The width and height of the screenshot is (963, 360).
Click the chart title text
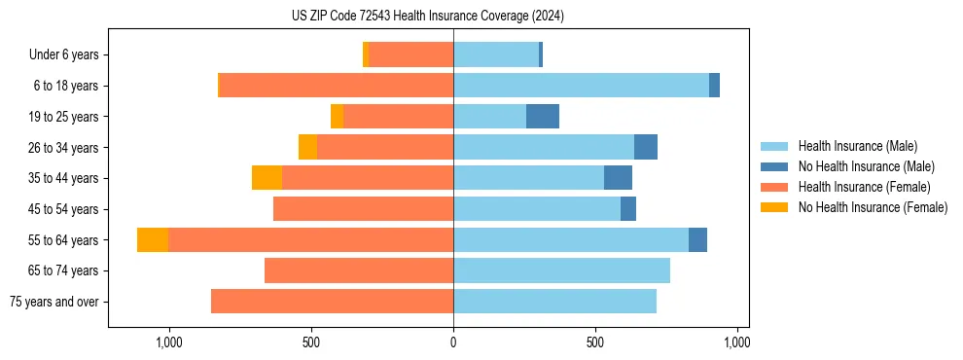tap(428, 16)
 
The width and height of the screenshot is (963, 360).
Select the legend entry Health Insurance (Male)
tap(857, 146)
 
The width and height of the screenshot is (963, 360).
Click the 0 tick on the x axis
tap(453, 343)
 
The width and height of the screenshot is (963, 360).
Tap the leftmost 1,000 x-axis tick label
tap(169, 343)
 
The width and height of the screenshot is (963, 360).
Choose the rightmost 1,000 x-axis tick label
tap(737, 343)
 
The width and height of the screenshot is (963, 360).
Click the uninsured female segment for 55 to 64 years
tap(153, 239)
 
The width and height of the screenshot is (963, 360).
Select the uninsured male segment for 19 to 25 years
tap(543, 117)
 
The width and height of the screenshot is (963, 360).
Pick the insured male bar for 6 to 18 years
tap(581, 86)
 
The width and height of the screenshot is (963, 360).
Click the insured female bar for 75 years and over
tap(332, 302)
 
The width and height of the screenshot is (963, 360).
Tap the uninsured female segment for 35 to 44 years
tap(267, 178)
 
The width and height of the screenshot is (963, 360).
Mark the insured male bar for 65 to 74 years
tap(561, 270)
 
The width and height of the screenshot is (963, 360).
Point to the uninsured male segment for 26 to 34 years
tap(646, 147)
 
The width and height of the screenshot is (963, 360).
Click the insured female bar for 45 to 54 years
tap(363, 209)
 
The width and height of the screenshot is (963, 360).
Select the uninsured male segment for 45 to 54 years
tap(628, 209)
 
